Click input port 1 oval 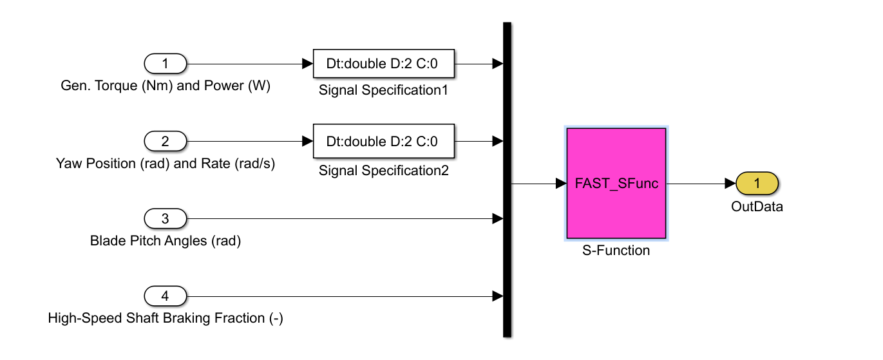pyautogui.click(x=166, y=64)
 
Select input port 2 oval pyautogui.click(x=166, y=141)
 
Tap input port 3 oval pyautogui.click(x=166, y=219)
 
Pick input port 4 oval pyautogui.click(x=166, y=296)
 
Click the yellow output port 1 pyautogui.click(x=757, y=184)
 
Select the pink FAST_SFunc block pyautogui.click(x=616, y=184)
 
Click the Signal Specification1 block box pyautogui.click(x=383, y=64)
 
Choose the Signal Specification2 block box pyautogui.click(x=383, y=141)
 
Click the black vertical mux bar pyautogui.click(x=507, y=180)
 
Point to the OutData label pyautogui.click(x=757, y=207)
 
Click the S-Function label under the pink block pyautogui.click(x=616, y=251)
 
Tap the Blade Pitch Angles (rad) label pyautogui.click(x=166, y=242)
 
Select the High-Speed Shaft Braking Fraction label pyautogui.click(x=166, y=318)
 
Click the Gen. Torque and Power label pyautogui.click(x=166, y=86)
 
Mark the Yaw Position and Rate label pyautogui.click(x=166, y=164)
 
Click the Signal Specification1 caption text pyautogui.click(x=383, y=90)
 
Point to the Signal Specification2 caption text pyautogui.click(x=383, y=171)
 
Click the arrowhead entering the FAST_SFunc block pyautogui.click(x=561, y=184)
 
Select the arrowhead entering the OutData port pyautogui.click(x=730, y=184)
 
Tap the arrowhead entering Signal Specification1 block pyautogui.click(x=307, y=64)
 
